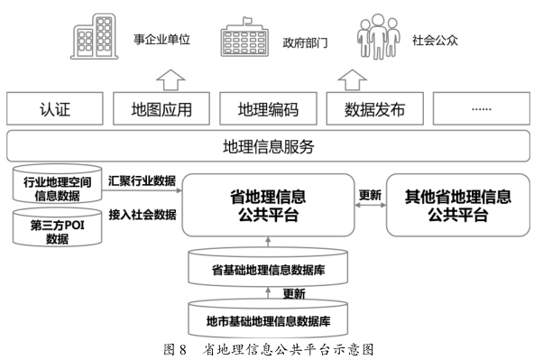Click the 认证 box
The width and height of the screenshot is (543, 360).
point(55,111)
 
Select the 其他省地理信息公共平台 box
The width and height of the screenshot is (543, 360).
point(457,206)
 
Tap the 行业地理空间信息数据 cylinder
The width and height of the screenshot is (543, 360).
point(57,187)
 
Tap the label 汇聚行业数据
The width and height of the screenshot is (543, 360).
point(142,180)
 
